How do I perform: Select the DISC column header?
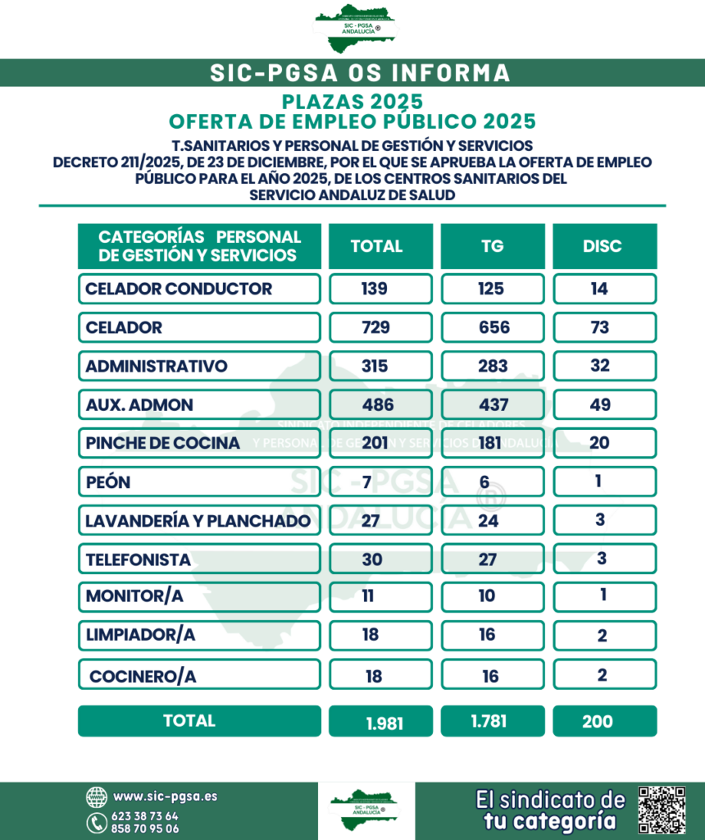[x=604, y=246]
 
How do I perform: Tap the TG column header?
[x=492, y=246]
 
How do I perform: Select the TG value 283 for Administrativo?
[x=492, y=366]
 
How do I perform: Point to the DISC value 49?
[x=604, y=404]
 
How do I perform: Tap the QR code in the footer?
[x=662, y=810]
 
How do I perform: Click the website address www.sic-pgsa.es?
[x=165, y=796]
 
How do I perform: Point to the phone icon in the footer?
[x=96, y=822]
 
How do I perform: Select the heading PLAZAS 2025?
[x=352, y=103]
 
